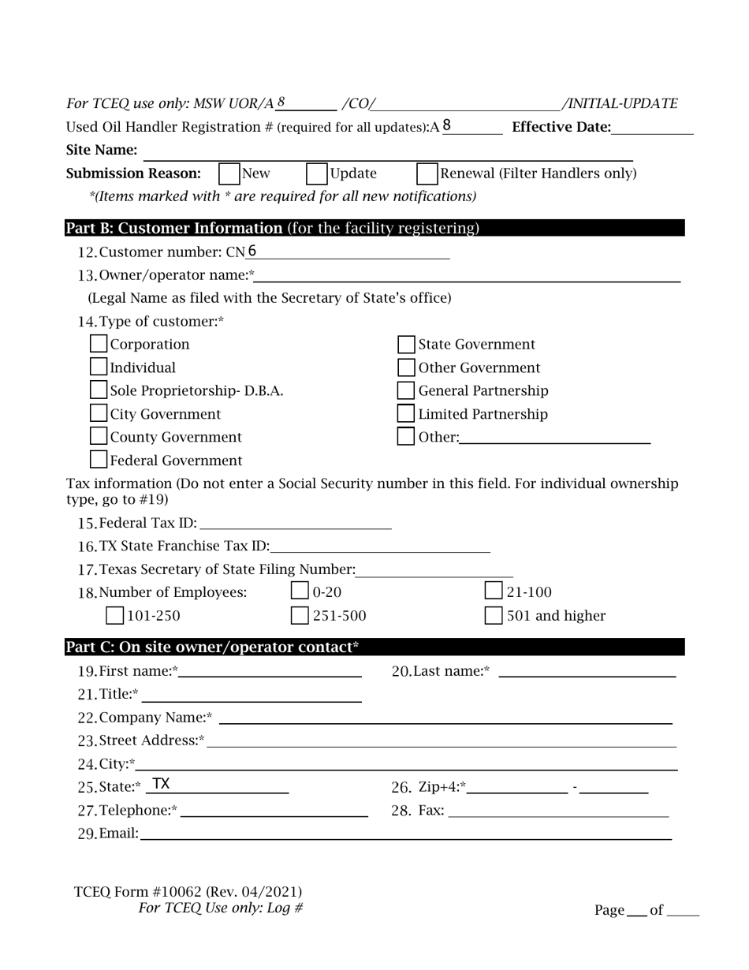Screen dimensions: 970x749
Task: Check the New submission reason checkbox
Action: tap(229, 173)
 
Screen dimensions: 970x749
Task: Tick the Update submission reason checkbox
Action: tap(316, 173)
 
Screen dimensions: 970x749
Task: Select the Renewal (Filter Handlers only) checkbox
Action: tap(427, 173)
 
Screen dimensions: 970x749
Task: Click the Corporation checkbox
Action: tap(99, 345)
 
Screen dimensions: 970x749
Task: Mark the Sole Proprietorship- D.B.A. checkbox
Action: tap(99, 390)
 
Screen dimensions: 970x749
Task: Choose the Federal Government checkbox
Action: tap(99, 460)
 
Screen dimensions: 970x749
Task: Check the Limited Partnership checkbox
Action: tap(406, 413)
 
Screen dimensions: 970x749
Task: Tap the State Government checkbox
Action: tap(406, 345)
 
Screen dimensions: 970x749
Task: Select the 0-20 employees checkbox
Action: tap(300, 591)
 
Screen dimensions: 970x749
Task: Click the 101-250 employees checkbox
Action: tap(114, 615)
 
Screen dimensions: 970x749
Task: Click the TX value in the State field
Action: tap(161, 785)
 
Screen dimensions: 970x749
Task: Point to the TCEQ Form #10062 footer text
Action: tap(188, 892)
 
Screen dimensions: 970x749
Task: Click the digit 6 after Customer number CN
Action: tap(252, 252)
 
